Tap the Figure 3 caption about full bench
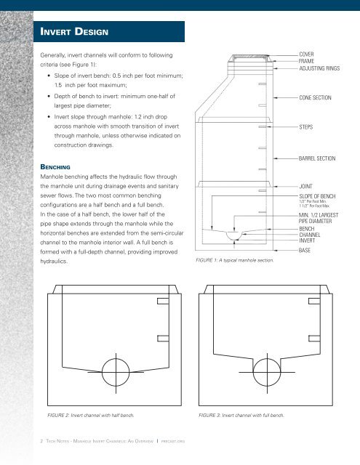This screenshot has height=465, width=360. tap(241, 416)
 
